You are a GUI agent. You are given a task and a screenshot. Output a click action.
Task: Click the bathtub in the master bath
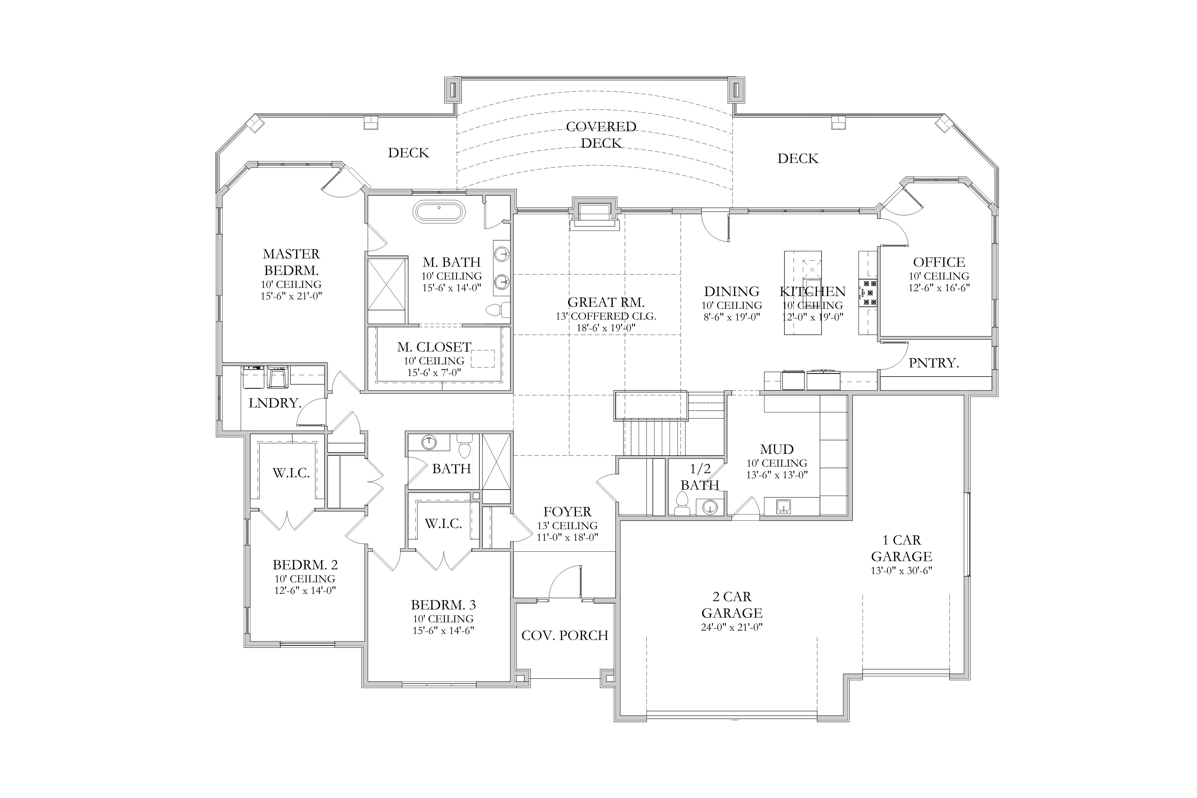439,211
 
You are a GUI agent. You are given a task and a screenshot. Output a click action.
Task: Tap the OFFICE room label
939,262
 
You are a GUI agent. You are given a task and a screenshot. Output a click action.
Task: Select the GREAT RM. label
606,302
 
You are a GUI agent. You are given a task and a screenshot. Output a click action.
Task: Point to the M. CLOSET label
434,347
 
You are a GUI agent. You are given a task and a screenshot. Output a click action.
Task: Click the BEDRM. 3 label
443,605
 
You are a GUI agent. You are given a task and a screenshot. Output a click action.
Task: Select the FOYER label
567,511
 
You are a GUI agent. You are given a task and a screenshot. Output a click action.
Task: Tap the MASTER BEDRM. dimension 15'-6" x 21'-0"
291,296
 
